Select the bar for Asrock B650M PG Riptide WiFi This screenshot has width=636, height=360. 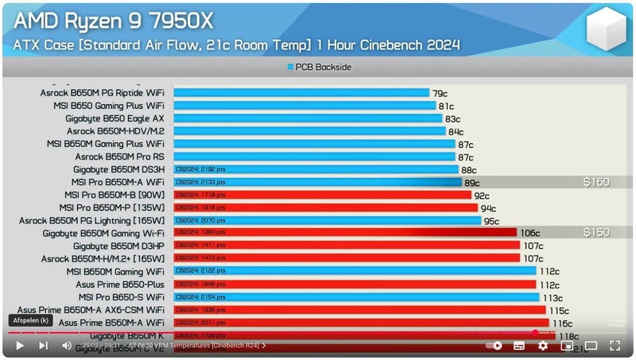(301, 93)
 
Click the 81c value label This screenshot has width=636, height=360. (446, 106)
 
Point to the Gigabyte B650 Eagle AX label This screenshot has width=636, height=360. (114, 118)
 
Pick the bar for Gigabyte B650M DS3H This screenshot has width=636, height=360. (316, 169)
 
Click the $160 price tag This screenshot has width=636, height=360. (596, 182)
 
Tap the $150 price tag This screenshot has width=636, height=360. (596, 233)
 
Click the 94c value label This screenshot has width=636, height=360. (488, 208)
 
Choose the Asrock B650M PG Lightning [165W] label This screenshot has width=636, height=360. (92, 220)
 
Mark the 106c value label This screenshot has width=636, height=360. (530, 233)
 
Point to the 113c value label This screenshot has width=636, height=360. (553, 297)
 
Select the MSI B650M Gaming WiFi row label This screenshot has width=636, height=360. (115, 271)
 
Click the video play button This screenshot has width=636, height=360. (20, 346)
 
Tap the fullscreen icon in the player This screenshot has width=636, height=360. (615, 346)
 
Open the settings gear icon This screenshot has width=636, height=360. (543, 346)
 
